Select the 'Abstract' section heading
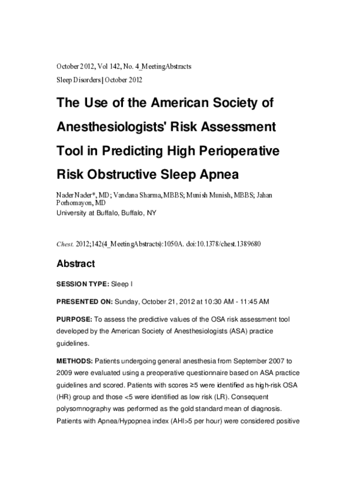pyautogui.click(x=75, y=263)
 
